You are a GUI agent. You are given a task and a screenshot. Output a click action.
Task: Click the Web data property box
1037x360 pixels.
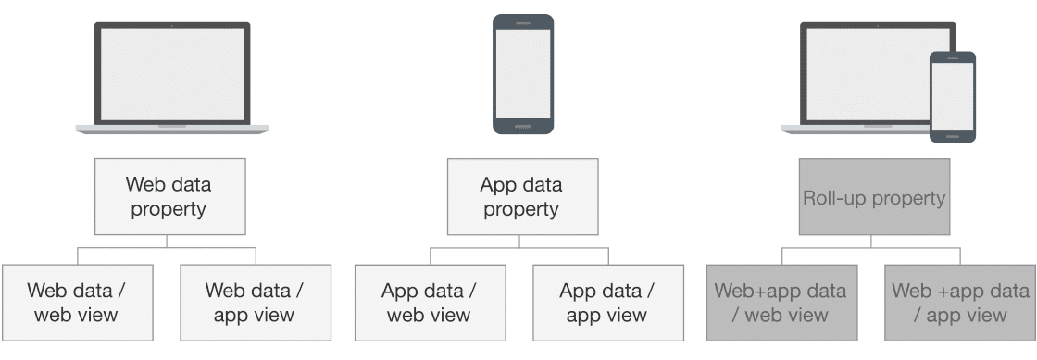(169, 195)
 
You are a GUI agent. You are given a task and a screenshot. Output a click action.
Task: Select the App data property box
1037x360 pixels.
(521, 195)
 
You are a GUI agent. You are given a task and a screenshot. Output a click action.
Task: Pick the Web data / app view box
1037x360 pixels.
(255, 303)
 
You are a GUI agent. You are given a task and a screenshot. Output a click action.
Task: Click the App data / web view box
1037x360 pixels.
(430, 303)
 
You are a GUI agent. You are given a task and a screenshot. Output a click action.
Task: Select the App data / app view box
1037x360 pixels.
(607, 303)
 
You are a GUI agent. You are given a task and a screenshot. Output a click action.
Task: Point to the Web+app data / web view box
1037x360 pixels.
(781, 303)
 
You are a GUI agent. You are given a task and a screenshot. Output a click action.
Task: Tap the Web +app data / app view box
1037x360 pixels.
(960, 303)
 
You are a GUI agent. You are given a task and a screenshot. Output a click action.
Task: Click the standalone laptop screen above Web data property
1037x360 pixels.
(172, 73)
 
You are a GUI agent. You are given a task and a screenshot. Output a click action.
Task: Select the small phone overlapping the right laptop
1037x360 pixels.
(952, 96)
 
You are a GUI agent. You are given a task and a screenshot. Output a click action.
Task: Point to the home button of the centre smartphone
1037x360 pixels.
(522, 126)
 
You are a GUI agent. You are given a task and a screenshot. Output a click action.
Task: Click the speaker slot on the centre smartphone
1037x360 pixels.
(522, 22)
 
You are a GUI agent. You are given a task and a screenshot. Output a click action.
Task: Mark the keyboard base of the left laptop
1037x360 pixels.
(172, 129)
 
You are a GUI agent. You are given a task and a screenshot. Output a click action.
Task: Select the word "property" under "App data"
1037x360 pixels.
(521, 209)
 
